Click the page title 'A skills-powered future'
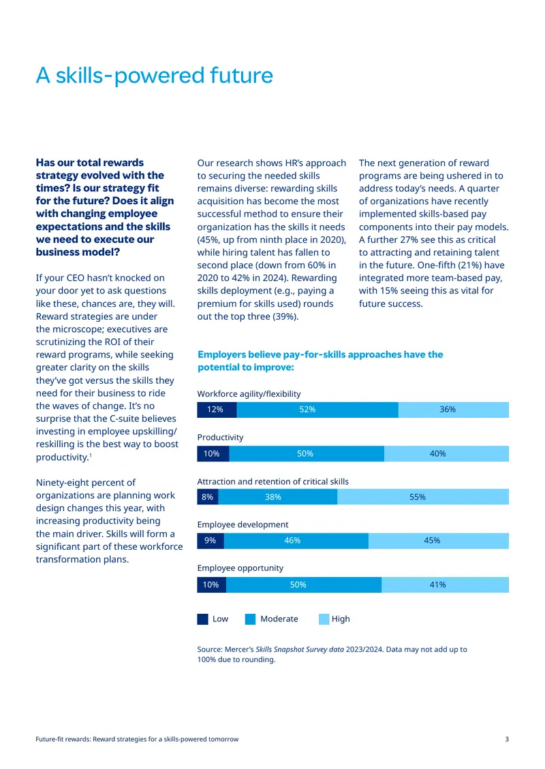(x=154, y=76)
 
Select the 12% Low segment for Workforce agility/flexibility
(x=217, y=410)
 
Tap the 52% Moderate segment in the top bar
(x=317, y=410)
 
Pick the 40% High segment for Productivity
(x=446, y=454)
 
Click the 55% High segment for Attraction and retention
(x=423, y=497)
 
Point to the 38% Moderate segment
(x=278, y=497)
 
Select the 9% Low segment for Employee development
(x=211, y=540)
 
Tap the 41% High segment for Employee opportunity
(x=446, y=585)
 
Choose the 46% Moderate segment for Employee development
(x=296, y=540)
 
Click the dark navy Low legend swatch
(x=203, y=619)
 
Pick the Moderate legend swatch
(x=251, y=619)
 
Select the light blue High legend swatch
(x=324, y=619)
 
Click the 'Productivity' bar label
(x=221, y=438)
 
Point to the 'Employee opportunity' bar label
(x=240, y=568)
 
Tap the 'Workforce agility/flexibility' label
(x=249, y=394)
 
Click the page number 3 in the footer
(x=508, y=739)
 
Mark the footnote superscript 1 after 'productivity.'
(x=91, y=455)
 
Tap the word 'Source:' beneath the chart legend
(x=210, y=649)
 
